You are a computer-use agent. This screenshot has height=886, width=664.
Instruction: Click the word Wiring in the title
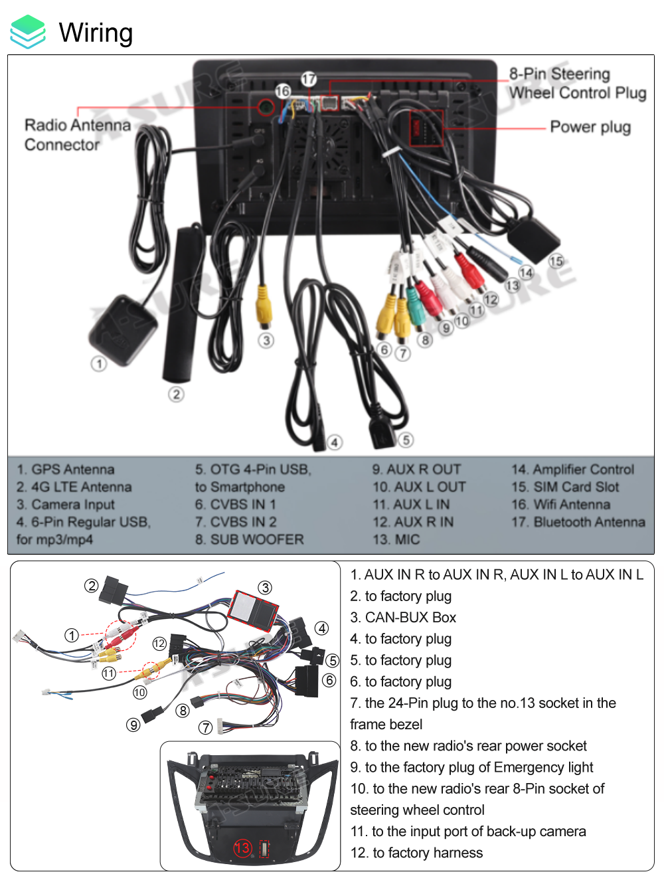[x=96, y=32]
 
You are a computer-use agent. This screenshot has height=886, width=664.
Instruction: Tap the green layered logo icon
[x=28, y=32]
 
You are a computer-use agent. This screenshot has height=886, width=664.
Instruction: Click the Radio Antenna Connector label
[x=77, y=135]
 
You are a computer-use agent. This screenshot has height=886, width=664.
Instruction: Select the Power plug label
[x=590, y=127]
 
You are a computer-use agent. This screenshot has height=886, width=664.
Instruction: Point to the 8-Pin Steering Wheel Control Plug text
[x=577, y=83]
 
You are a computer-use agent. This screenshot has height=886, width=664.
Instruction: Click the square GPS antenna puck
[x=123, y=329]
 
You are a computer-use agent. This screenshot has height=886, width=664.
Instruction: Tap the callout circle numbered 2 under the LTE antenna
[x=176, y=395]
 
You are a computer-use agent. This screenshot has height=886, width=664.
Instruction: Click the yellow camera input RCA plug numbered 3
[x=264, y=306]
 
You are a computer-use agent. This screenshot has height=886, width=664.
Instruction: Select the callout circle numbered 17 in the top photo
[x=309, y=79]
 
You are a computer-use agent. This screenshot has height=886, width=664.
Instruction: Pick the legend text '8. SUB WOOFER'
[x=249, y=539]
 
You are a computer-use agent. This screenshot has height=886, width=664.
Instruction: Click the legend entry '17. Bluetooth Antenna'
[x=578, y=522]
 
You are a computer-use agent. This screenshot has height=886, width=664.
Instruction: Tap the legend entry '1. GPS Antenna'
[x=65, y=470]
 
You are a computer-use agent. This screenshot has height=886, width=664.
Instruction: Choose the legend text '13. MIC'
[x=396, y=539]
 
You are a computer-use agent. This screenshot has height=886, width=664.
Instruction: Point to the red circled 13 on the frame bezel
[x=242, y=848]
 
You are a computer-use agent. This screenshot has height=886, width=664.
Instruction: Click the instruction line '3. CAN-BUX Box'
[x=403, y=617]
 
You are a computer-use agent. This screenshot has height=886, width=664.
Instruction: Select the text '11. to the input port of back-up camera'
[x=468, y=831]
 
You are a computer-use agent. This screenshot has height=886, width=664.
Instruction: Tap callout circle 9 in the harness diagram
[x=133, y=725]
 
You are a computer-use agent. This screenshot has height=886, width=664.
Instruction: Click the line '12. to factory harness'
[x=416, y=852]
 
